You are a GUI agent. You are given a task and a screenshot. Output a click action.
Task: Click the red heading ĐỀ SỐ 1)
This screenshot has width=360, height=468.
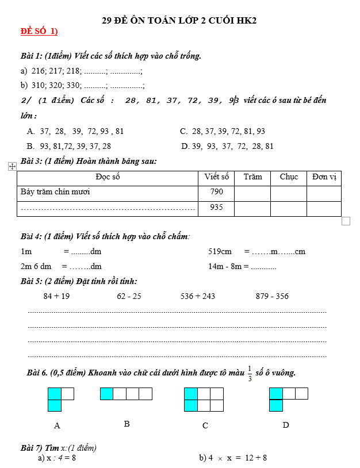pyautogui.click(x=39, y=31)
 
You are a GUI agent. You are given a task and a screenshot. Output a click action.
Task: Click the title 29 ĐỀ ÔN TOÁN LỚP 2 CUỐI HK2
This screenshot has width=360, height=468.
pyautogui.click(x=179, y=20)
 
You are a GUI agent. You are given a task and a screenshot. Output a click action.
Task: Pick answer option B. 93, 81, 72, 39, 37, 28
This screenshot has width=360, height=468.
pyautogui.click(x=69, y=146)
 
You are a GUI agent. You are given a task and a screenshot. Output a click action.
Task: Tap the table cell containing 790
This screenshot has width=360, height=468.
pyautogui.click(x=216, y=192)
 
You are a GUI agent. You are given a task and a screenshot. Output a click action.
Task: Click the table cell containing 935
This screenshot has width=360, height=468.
pyautogui.click(x=216, y=208)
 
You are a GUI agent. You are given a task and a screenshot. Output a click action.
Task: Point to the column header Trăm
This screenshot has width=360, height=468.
pyautogui.click(x=252, y=177)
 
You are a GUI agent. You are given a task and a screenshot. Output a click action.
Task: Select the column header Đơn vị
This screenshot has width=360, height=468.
pyautogui.click(x=324, y=177)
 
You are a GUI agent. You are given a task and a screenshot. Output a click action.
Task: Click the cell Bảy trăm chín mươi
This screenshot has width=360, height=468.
pyautogui.click(x=55, y=192)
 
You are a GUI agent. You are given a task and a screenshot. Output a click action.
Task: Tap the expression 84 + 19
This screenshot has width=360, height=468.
pyautogui.click(x=56, y=296)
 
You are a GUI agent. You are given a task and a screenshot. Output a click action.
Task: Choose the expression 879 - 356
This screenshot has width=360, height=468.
pyautogui.click(x=272, y=296)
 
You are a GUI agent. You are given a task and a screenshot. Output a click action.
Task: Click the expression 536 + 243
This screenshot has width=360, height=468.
pyautogui.click(x=197, y=296)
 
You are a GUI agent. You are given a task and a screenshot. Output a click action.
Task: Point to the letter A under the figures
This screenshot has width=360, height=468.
pyautogui.click(x=57, y=426)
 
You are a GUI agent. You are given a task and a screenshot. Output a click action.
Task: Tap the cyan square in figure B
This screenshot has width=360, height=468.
pyautogui.click(x=106, y=394)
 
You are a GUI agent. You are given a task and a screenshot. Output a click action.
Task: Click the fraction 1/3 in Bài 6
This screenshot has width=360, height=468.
pyautogui.click(x=250, y=373)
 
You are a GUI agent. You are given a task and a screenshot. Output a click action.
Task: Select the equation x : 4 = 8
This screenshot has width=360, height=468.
pyautogui.click(x=58, y=458)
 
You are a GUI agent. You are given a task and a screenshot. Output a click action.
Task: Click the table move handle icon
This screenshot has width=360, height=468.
pyautogui.click(x=12, y=166)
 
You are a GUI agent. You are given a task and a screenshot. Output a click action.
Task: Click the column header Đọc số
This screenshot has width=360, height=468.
pyautogui.click(x=108, y=177)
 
